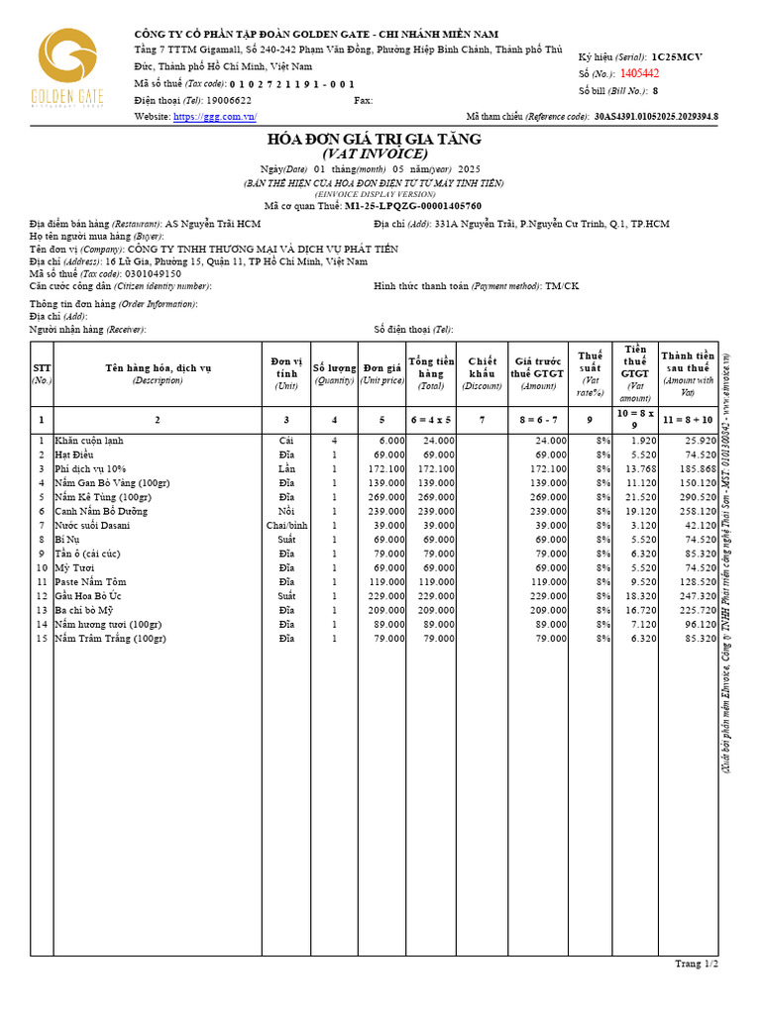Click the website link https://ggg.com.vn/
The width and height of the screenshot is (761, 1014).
click(x=215, y=117)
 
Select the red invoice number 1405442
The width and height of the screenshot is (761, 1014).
click(x=640, y=73)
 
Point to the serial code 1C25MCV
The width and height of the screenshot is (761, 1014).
click(x=677, y=57)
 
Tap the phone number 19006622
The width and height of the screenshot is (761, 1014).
click(x=229, y=101)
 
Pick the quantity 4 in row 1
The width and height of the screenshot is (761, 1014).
click(x=334, y=441)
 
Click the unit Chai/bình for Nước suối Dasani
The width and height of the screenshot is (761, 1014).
click(x=286, y=526)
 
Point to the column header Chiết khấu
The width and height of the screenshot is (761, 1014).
click(x=482, y=373)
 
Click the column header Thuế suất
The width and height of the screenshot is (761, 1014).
click(x=590, y=367)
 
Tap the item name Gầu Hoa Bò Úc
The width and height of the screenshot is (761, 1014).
click(x=90, y=596)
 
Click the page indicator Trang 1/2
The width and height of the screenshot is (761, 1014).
click(x=697, y=963)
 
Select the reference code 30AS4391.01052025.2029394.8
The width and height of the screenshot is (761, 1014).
click(x=656, y=117)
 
